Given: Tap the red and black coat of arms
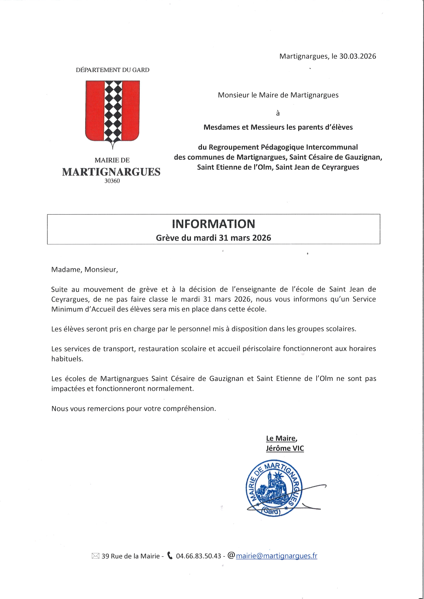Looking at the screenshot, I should pos(112,112).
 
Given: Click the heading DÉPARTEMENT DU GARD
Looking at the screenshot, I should pos(112,70).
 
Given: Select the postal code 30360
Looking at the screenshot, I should pos(112,181).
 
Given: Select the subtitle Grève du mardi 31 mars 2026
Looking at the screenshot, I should pos(213,238).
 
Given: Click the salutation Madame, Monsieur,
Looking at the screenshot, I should pos(85,270).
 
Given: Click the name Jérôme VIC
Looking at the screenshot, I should pos(285,448).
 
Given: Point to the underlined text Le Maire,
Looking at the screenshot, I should pos(281,438).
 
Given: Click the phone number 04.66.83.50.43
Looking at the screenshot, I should pos(198,556).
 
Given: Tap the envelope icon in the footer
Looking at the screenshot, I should pos(96,556).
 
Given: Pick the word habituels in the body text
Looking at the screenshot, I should pos(67,359).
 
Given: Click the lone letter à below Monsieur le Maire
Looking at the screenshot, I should pos(278,113).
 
